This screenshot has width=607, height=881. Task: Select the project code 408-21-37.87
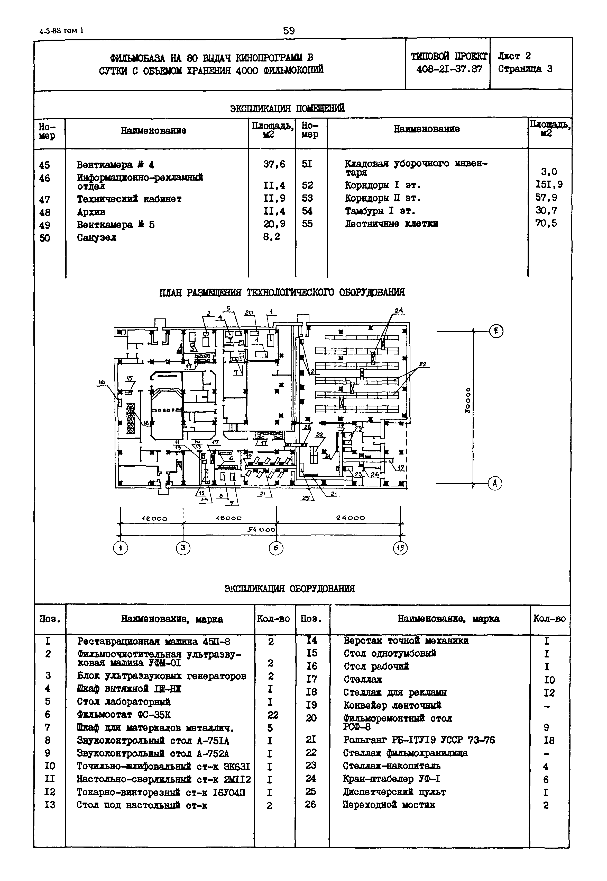(449, 69)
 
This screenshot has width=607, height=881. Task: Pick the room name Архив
(91, 212)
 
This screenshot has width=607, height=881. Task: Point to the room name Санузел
(97, 238)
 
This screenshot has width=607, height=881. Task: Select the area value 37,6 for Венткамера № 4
(274, 164)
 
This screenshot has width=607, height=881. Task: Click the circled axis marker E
(495, 331)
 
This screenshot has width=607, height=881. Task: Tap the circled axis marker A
(495, 484)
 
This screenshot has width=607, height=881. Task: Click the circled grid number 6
(276, 548)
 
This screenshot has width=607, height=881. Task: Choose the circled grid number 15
(400, 548)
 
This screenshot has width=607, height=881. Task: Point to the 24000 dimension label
(350, 518)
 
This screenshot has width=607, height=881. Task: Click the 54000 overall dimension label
(261, 530)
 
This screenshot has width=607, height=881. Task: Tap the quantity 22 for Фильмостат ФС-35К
(273, 715)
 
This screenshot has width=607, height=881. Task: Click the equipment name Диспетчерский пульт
(394, 792)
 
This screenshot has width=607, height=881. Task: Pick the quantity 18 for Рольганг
(549, 740)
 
